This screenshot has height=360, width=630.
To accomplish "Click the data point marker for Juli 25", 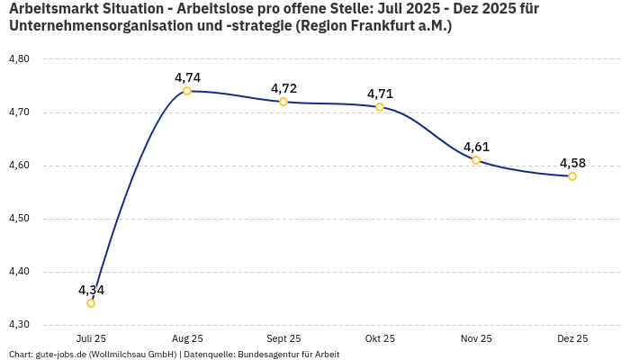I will coord(91,303).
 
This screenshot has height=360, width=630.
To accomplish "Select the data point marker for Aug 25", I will coord(187,91).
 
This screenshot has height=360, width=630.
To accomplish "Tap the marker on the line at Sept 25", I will coord(283,102).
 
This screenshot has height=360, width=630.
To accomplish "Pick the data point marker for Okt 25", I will coord(380,107).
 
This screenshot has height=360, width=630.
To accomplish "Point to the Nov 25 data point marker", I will coord(476,160).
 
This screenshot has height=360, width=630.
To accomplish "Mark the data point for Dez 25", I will coord(572,176).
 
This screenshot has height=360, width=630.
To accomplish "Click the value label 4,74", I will coord(187,77).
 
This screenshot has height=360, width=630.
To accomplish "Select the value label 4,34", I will coord(91,290).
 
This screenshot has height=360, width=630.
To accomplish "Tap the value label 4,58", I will coord(572,163).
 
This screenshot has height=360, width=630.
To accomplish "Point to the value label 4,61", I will coord(476,147).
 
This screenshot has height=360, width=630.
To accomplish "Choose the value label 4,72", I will coord(283,88).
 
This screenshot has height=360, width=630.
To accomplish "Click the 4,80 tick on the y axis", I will coord(19,59).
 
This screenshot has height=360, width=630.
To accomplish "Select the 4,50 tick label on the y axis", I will coord(19,219).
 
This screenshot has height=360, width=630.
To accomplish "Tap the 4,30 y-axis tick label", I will coord(19,325).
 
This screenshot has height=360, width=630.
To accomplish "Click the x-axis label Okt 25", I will coord(380,338).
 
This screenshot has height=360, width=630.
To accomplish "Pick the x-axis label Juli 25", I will coord(91,338).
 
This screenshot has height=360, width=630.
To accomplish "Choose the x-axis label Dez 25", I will coord(572,338).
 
